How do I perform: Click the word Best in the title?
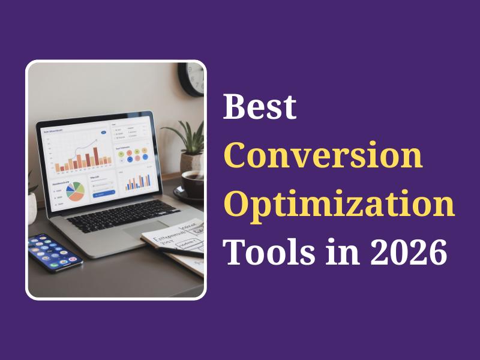click(260, 107)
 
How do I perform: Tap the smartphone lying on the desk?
click(54, 253)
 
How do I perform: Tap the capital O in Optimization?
click(238, 204)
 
